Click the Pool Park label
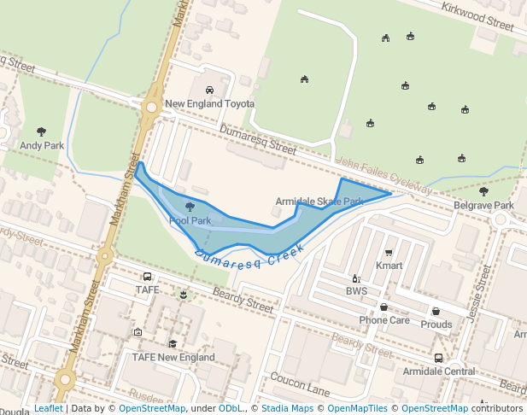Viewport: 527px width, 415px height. click(190, 220)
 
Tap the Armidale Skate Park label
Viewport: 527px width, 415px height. click(319, 202)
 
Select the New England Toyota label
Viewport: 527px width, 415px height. click(209, 104)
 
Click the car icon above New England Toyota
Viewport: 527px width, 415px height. click(209, 90)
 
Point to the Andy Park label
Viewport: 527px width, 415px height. click(41, 146)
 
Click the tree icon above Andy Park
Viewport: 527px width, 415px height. click(41, 132)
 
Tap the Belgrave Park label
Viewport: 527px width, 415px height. click(483, 206)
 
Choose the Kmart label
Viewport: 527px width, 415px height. click(389, 266)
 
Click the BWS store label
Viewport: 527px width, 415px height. click(356, 291)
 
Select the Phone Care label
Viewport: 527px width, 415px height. click(384, 320)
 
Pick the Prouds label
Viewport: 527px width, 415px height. click(436, 324)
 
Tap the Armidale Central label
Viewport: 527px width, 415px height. click(438, 371)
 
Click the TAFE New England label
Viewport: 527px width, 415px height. click(173, 357)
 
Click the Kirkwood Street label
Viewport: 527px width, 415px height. click(477, 16)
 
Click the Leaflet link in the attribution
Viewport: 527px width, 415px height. click(48, 408)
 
